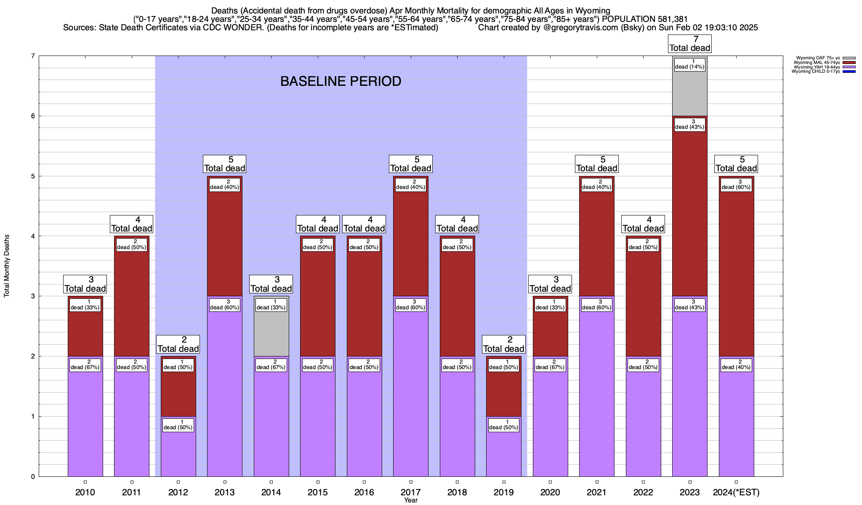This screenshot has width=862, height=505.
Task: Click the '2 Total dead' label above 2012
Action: click(x=178, y=344)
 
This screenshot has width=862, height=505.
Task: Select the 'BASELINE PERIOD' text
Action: click(x=341, y=81)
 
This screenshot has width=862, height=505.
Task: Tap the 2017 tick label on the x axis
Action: click(x=410, y=492)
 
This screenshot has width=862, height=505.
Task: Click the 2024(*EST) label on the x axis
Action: click(x=736, y=492)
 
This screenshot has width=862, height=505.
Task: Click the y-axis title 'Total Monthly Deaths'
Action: click(x=7, y=266)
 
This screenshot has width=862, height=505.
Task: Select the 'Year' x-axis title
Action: click(x=410, y=500)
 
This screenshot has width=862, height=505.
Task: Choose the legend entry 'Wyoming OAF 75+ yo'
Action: click(x=819, y=58)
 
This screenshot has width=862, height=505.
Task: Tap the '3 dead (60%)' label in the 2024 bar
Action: click(x=736, y=184)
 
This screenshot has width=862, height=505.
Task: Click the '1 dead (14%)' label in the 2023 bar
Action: click(x=689, y=64)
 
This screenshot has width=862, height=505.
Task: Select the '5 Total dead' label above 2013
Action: click(x=224, y=164)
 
